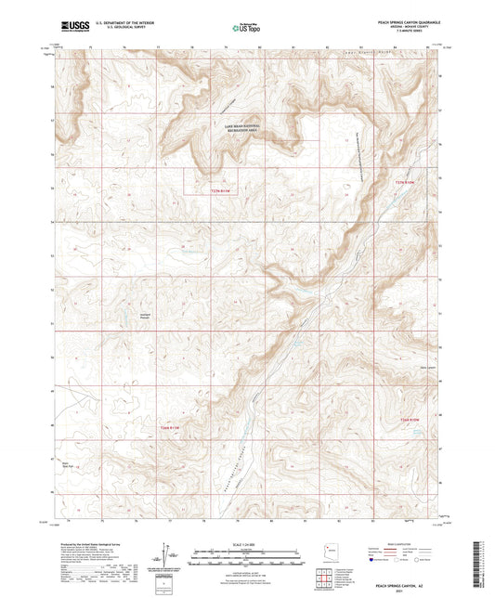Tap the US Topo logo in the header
tap(245, 28)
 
